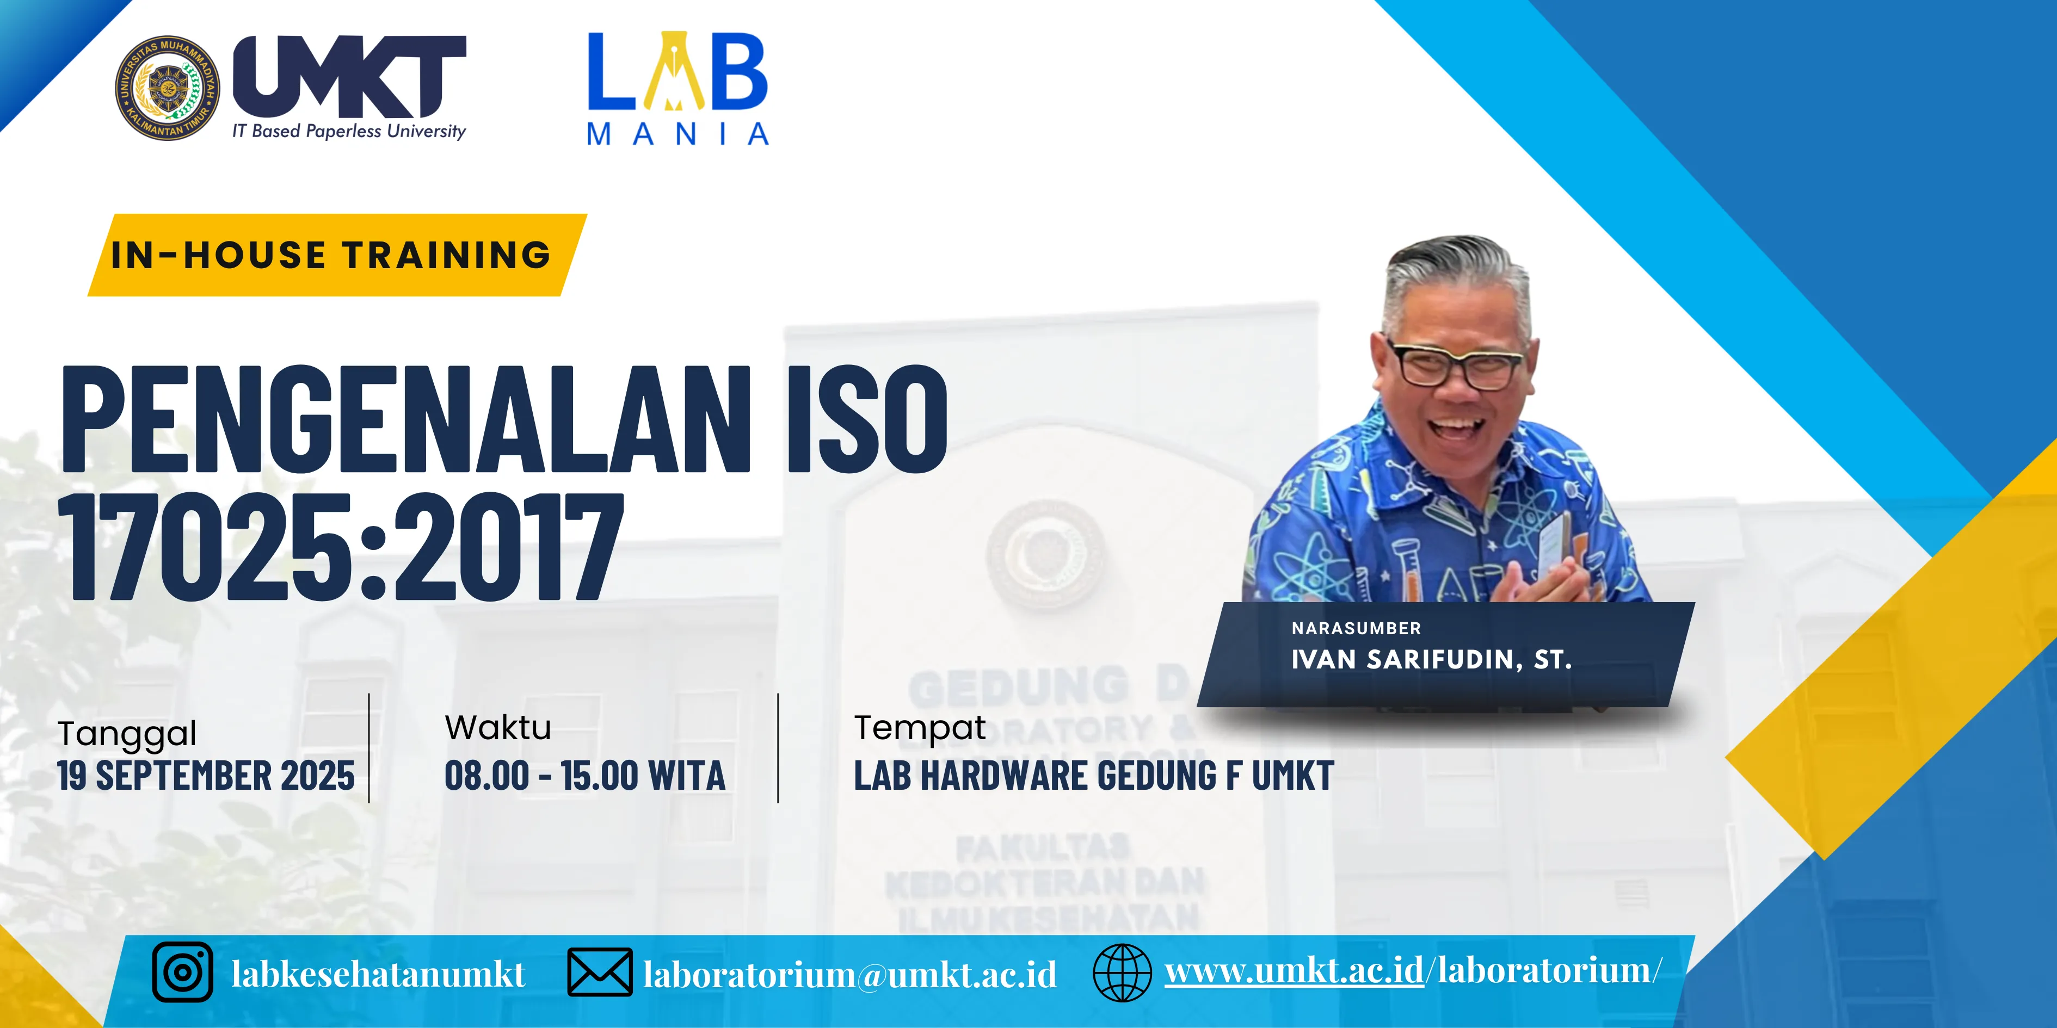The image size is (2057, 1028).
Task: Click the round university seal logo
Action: pyautogui.click(x=167, y=87)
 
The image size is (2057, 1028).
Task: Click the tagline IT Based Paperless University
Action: pyautogui.click(x=349, y=132)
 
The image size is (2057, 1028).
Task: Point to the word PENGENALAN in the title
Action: pyautogui.click(x=405, y=419)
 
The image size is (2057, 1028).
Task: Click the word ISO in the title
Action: pyautogui.click(x=867, y=419)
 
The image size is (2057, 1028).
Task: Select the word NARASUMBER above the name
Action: pyautogui.click(x=1356, y=629)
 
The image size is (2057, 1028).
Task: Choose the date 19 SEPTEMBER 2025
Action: pyautogui.click(x=206, y=776)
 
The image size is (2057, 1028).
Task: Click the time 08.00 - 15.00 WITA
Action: pyautogui.click(x=584, y=776)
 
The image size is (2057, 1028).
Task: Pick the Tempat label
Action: pyautogui.click(x=919, y=728)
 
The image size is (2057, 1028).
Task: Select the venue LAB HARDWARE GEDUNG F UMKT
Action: pyautogui.click(x=1093, y=776)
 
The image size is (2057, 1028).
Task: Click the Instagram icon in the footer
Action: pyautogui.click(x=183, y=972)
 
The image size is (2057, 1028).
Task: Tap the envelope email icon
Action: pyautogui.click(x=600, y=972)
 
